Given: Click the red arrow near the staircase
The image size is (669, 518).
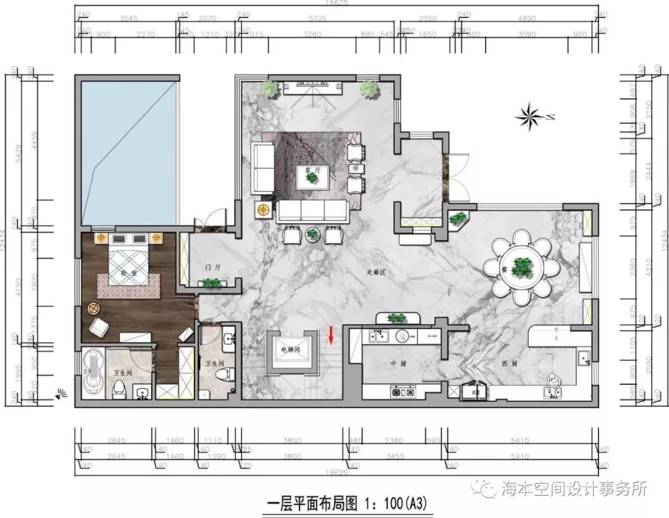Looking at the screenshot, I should (331, 335).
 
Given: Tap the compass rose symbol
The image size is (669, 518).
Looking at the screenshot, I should (530, 116).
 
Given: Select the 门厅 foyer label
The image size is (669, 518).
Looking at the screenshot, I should (212, 268).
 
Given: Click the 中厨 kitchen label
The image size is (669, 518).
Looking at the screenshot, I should (397, 364).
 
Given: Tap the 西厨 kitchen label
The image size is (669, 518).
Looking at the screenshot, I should (500, 364).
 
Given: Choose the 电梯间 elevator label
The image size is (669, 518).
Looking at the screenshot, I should (290, 349).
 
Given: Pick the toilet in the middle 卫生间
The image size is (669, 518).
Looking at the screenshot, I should (224, 373).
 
